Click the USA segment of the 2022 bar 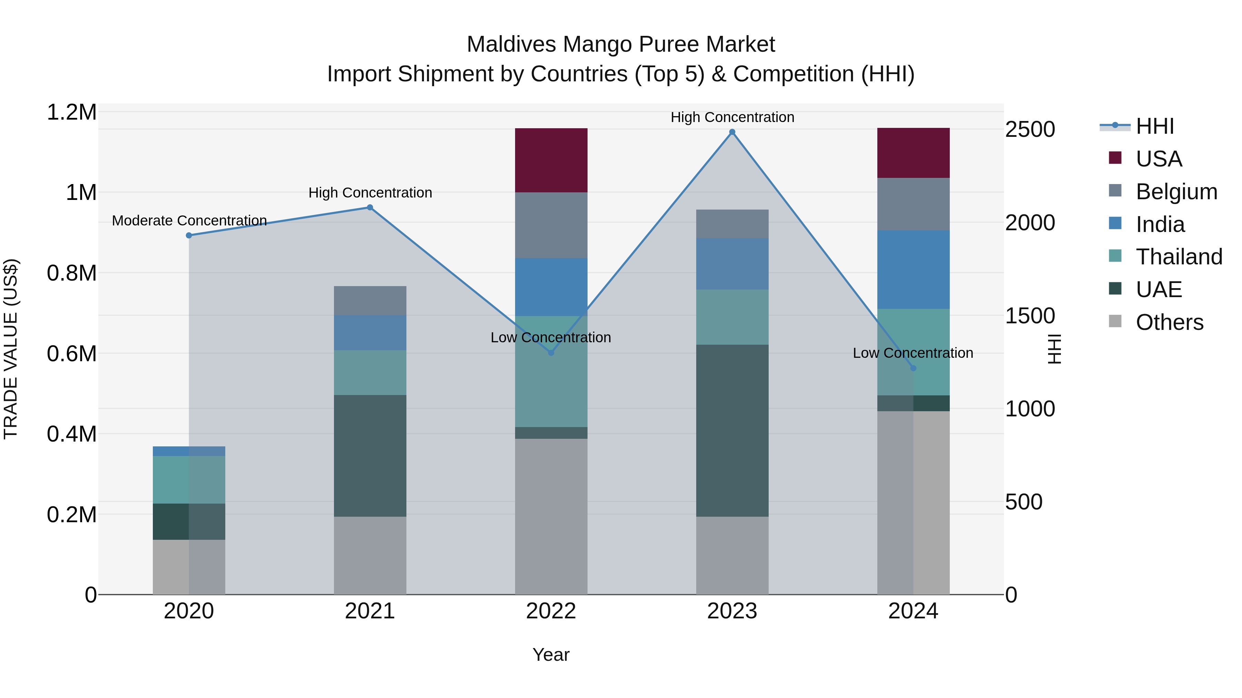[551, 160]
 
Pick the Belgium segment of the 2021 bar [370, 301]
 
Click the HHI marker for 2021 [370, 208]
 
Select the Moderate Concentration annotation [189, 221]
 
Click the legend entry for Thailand [1179, 257]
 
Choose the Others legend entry [1169, 322]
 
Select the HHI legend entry [1154, 126]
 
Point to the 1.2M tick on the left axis [71, 112]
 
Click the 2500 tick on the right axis [1030, 130]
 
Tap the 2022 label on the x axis [551, 611]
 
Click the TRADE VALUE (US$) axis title [11, 349]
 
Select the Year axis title [551, 655]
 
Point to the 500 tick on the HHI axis [1024, 502]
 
